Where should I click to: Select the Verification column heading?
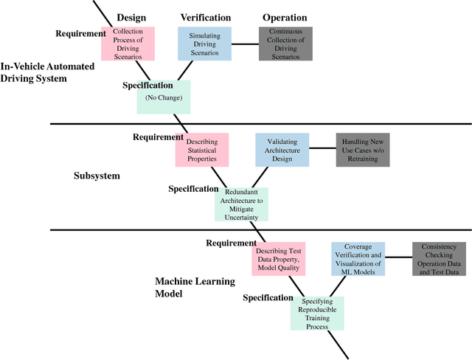pyautogui.click(x=205, y=17)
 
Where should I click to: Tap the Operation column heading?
pyautogui.click(x=285, y=17)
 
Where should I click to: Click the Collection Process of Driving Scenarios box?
pyautogui.click(x=133, y=44)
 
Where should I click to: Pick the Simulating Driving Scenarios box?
pyautogui.click(x=204, y=44)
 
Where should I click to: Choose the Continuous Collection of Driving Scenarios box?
pyautogui.click(x=285, y=44)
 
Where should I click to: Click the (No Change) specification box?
pyautogui.click(x=164, y=97)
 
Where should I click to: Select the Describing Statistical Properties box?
pyautogui.click(x=201, y=150)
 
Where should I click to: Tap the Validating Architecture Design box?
pyautogui.click(x=282, y=150)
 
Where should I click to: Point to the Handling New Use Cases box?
pyautogui.click(x=362, y=150)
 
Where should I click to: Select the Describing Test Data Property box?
pyautogui.click(x=277, y=260)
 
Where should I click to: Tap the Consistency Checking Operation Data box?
pyautogui.click(x=439, y=260)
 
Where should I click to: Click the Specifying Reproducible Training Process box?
pyautogui.click(x=317, y=313)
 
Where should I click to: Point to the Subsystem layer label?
pyautogui.click(x=97, y=176)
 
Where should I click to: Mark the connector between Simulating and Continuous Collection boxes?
pyautogui.click(x=245, y=44)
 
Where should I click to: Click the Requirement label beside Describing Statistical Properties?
pyautogui.click(x=158, y=137)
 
